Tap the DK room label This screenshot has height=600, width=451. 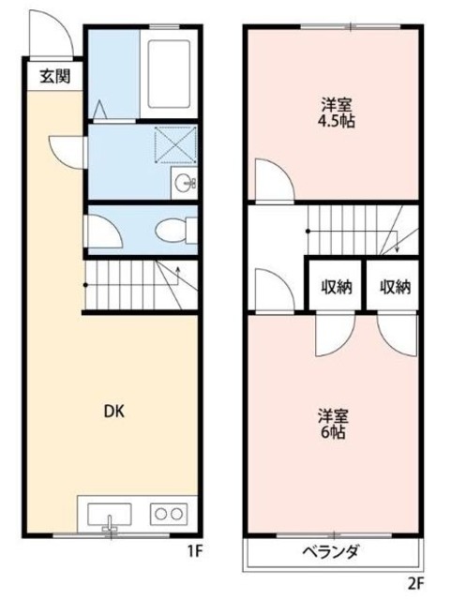pyautogui.click(x=113, y=411)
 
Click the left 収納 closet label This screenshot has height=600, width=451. pyautogui.click(x=337, y=287)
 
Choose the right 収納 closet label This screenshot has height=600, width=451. pyautogui.click(x=395, y=287)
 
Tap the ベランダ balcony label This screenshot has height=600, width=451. pyautogui.click(x=331, y=551)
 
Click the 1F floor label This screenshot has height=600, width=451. pyautogui.click(x=194, y=551)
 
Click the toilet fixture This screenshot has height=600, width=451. pyautogui.click(x=174, y=228)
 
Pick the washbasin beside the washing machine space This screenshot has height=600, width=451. pyautogui.click(x=183, y=184)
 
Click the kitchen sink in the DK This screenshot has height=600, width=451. pyautogui.click(x=110, y=514)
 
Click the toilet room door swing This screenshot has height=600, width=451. pyautogui.click(x=98, y=230)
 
